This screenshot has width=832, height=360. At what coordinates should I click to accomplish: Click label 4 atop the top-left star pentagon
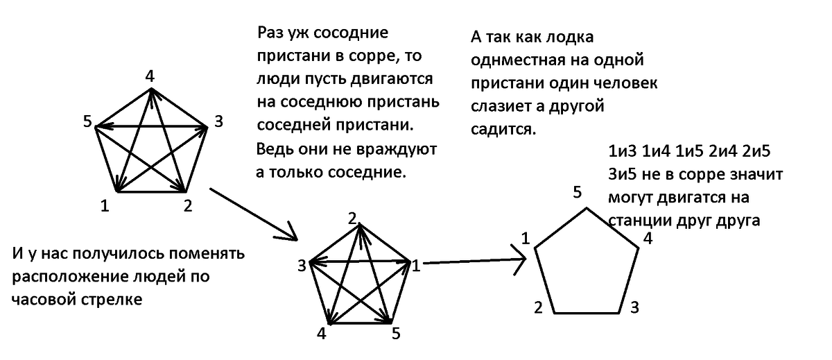(149, 76)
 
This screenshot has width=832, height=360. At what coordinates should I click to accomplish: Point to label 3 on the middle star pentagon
(302, 264)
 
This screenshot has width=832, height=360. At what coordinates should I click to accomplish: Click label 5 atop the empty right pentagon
(577, 192)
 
